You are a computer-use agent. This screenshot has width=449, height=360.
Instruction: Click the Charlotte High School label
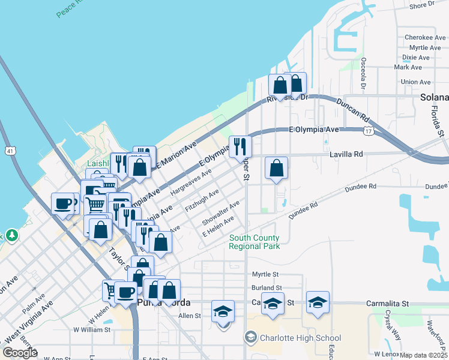[300, 338]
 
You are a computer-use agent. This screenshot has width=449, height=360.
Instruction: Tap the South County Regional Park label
[254, 242]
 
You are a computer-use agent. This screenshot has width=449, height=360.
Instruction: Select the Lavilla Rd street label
[346, 154]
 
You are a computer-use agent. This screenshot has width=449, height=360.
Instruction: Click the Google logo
[20, 353]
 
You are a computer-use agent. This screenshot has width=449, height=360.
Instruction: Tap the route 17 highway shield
[368, 130]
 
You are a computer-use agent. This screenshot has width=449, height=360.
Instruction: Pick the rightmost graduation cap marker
[318, 302]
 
